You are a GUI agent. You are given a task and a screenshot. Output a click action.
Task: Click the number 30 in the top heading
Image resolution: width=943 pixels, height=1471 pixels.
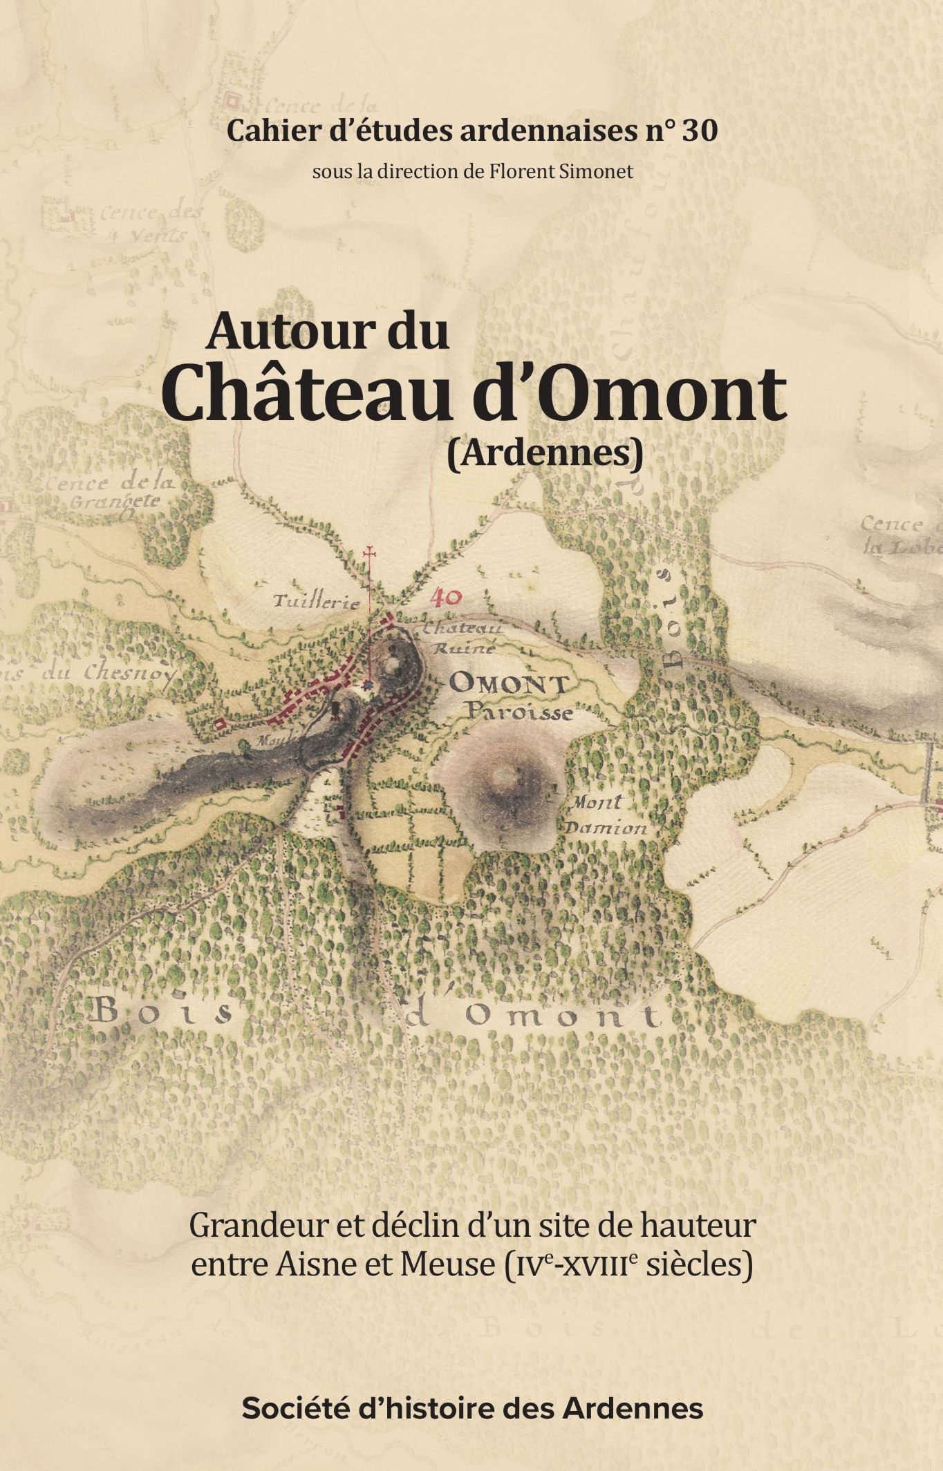coord(699,131)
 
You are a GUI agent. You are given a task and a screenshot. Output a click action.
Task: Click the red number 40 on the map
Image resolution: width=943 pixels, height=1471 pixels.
coord(447,597)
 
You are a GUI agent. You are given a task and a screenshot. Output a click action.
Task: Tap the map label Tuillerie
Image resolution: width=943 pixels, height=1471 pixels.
coord(317,602)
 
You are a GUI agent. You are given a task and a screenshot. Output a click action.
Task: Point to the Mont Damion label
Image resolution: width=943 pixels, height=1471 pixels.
coord(605,815)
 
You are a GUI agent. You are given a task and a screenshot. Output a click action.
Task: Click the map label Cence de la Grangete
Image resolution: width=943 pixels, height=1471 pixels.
coord(111,492)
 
